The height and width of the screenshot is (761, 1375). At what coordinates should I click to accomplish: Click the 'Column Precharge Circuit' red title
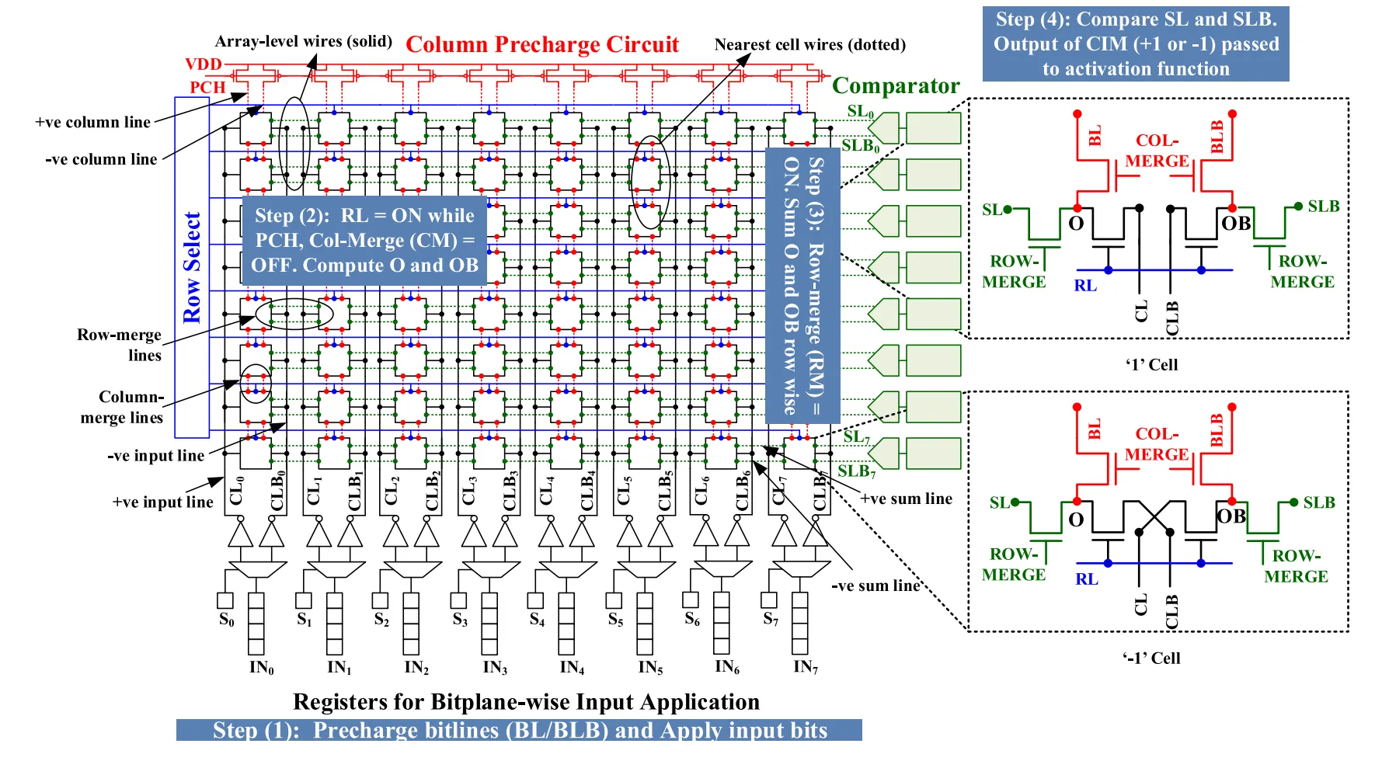coord(541,45)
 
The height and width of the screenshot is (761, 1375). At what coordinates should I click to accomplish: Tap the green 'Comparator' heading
coord(896,85)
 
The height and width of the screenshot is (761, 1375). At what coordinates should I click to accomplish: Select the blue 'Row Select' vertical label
coord(192,267)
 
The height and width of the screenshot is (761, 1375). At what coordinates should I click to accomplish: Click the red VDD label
coord(204,64)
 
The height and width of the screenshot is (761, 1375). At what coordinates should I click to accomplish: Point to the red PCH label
coord(207,87)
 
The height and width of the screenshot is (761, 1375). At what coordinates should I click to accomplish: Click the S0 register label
coord(226,619)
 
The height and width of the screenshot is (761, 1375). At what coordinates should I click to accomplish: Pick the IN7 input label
coord(805,666)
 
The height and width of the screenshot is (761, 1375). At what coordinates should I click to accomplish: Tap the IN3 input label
coord(494,667)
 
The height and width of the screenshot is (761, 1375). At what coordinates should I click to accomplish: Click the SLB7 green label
coord(856,471)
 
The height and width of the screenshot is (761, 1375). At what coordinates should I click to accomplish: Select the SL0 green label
coord(860,111)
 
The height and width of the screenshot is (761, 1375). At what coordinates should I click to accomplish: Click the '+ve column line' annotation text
coord(92,122)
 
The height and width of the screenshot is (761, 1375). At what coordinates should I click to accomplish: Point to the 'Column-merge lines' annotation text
coord(122,407)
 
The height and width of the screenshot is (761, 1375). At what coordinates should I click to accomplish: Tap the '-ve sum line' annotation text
coord(875,586)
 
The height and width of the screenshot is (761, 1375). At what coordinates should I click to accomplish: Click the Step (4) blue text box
coord(1136,43)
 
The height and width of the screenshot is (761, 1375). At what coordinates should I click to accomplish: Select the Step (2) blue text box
coord(364,240)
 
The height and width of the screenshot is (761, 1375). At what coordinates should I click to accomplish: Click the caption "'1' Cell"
coord(1151,364)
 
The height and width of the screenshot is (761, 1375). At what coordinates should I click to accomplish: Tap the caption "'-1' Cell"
coord(1150,658)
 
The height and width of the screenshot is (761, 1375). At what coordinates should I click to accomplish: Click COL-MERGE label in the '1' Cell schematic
coord(1157,151)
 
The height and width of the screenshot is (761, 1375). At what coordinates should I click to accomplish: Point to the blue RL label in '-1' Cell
coord(1086,579)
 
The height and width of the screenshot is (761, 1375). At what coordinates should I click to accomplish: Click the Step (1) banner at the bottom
coord(519,730)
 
